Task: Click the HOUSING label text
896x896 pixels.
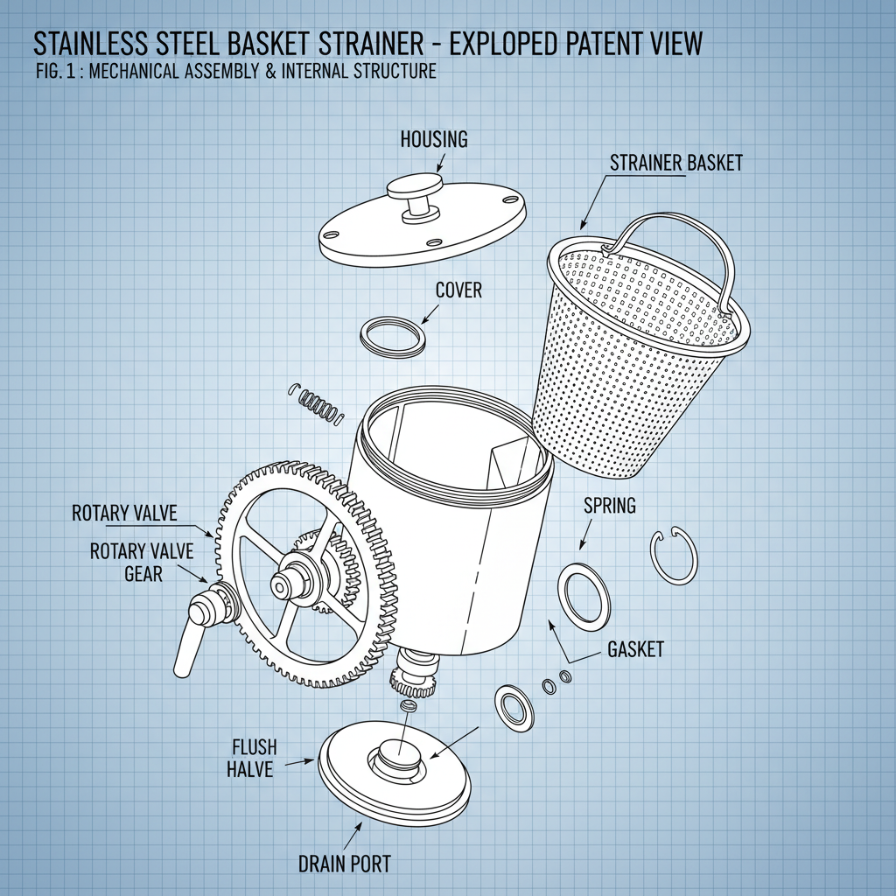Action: [x=434, y=139]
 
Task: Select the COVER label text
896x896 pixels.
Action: [x=458, y=290]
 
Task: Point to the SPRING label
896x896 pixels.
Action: [x=609, y=506]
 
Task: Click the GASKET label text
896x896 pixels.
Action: [x=635, y=649]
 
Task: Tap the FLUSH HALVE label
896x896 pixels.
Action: [x=254, y=758]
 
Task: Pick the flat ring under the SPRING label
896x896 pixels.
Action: [x=584, y=597]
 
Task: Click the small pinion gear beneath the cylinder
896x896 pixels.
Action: [x=413, y=679]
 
